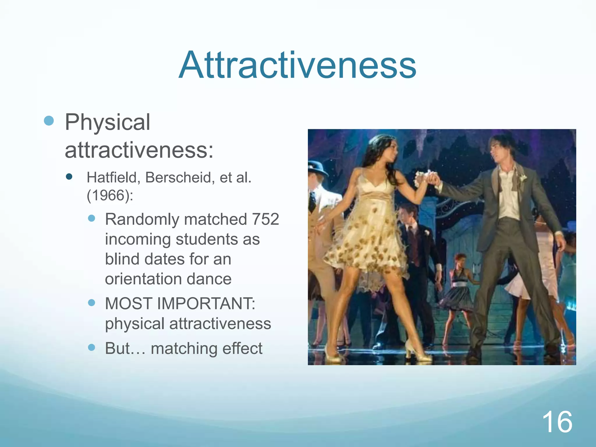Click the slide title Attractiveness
point(297,65)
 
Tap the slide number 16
point(557,422)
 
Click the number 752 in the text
point(265,219)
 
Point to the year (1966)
point(110,195)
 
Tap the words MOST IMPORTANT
point(180,304)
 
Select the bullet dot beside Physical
point(49,120)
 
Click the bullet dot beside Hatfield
point(69,176)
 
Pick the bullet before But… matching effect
point(91,347)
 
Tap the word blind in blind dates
point(122,259)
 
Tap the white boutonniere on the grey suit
point(523,178)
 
